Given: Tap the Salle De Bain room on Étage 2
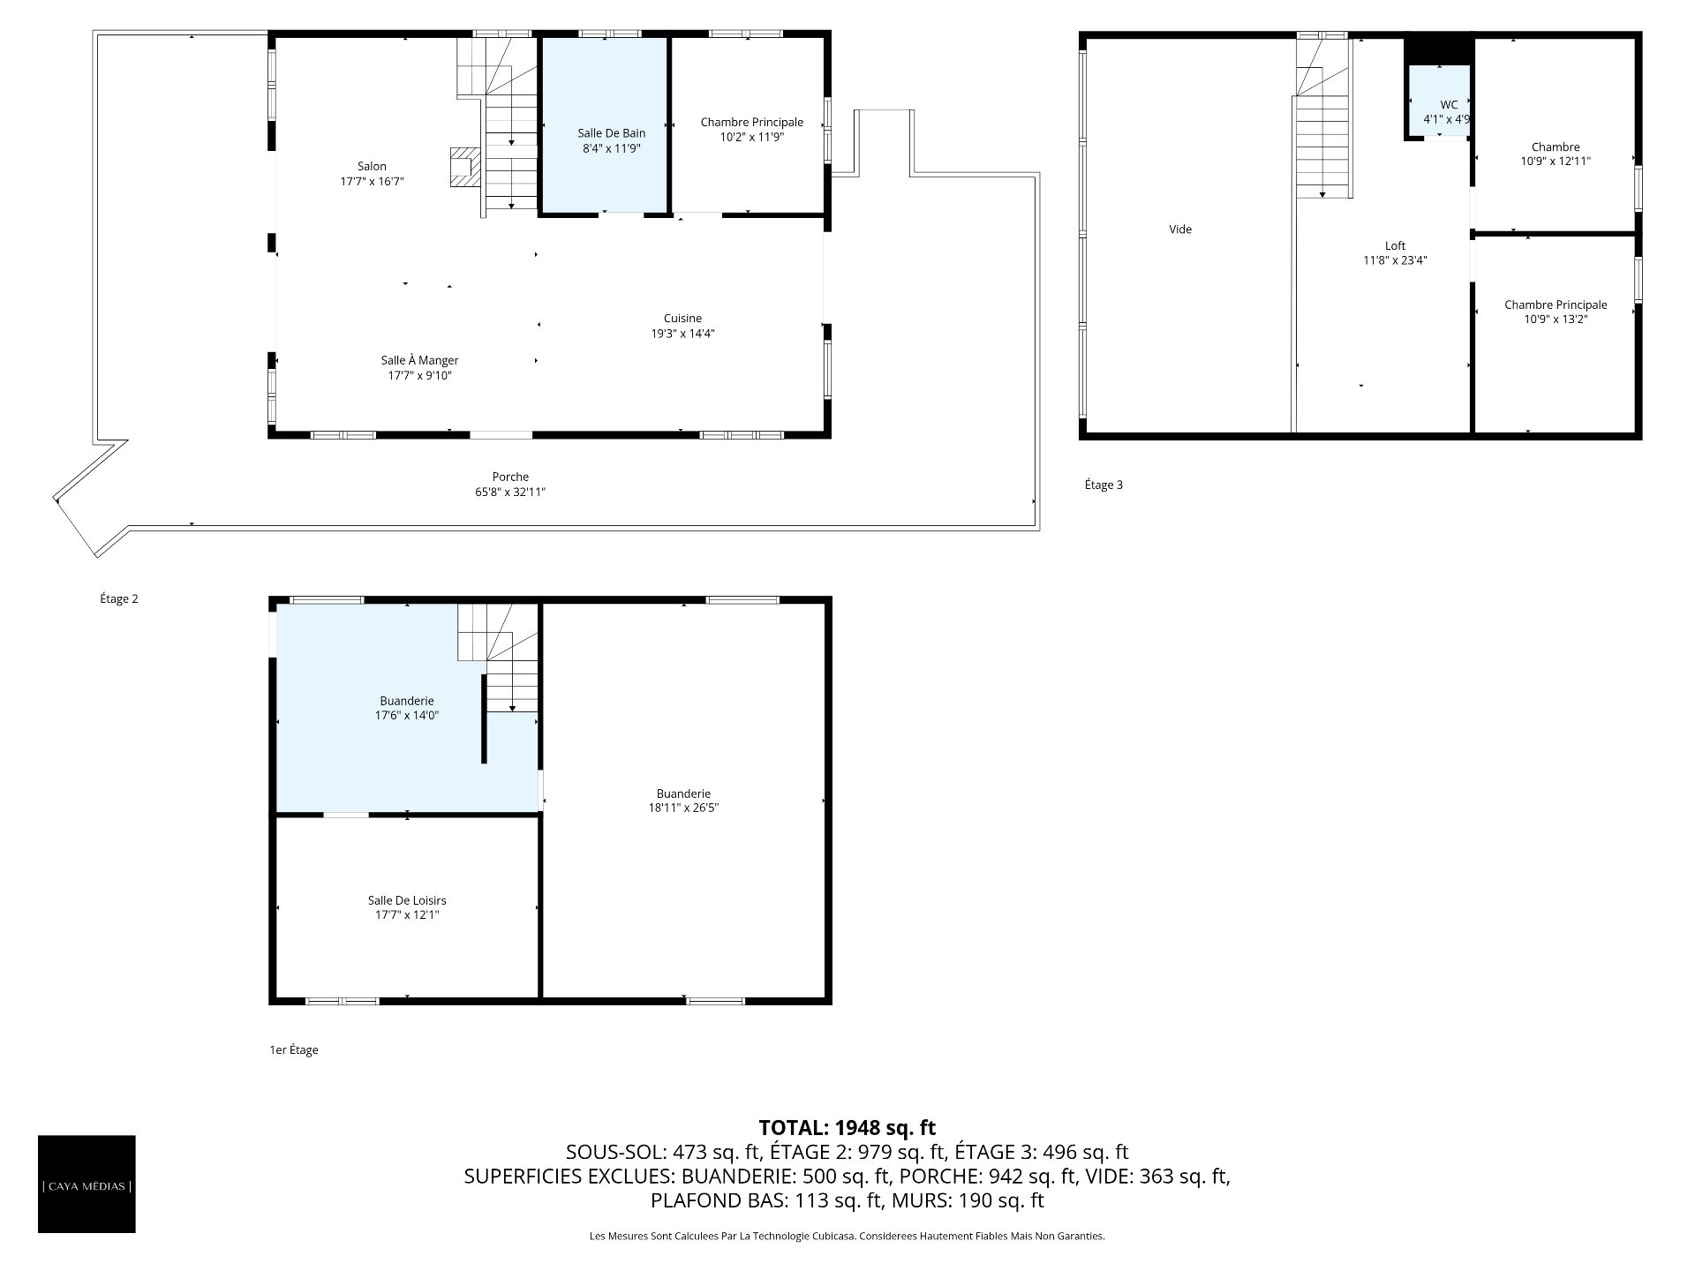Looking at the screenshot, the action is tap(605, 124).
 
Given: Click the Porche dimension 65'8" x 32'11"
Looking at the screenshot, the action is tap(510, 493).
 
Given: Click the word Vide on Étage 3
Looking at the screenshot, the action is tap(1180, 229).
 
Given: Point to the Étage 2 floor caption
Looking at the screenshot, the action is tap(119, 599).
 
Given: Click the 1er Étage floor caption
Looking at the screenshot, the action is tap(294, 1050).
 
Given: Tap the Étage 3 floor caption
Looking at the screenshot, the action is tap(1104, 485).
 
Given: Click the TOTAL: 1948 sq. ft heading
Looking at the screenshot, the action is tap(847, 1128).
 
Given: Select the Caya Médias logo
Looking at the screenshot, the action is tap(87, 1185).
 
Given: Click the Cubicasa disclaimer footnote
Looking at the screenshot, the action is tap(847, 1237).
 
